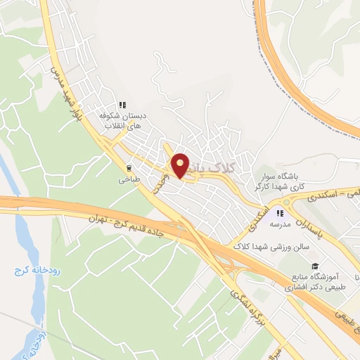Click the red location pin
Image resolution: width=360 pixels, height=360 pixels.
point(181,165)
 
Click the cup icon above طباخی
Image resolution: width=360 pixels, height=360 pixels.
point(129,168)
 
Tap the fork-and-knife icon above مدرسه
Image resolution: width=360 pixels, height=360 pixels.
point(280,213)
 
